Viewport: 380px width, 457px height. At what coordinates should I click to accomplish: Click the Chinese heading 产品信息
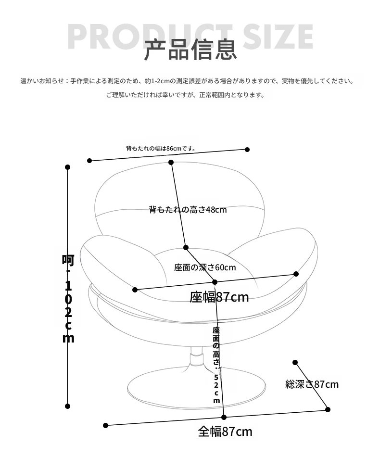[190, 50]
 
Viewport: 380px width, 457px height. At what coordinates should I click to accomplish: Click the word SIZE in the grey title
[278, 36]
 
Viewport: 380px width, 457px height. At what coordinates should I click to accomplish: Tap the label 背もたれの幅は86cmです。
[161, 148]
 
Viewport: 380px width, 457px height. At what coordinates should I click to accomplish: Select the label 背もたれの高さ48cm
[188, 210]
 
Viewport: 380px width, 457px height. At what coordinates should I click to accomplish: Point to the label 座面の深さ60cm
[205, 267]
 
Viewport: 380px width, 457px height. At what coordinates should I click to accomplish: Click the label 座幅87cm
[219, 297]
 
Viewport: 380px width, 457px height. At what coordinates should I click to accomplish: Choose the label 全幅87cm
[225, 432]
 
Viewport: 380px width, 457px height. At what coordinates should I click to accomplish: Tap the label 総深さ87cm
[312, 384]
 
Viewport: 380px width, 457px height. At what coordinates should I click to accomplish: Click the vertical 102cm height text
[68, 298]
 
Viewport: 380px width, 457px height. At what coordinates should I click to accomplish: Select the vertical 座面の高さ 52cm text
[216, 365]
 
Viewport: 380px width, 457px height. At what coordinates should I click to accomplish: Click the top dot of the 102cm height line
[68, 167]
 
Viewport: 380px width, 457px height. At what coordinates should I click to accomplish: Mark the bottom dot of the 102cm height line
[68, 406]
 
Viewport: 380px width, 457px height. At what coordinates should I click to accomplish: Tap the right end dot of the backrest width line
[247, 150]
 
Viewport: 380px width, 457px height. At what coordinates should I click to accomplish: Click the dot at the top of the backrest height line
[171, 162]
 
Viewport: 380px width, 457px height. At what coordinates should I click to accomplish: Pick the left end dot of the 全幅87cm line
[105, 426]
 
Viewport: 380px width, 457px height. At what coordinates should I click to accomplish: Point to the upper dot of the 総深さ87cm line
[295, 363]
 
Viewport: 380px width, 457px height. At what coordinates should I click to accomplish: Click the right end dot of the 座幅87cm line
[296, 274]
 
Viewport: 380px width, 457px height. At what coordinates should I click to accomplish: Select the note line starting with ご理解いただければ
[185, 95]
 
